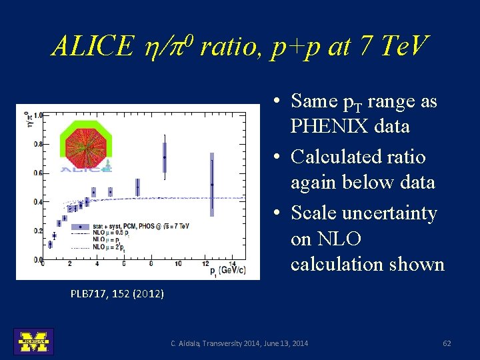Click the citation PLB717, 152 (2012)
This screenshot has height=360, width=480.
(117, 293)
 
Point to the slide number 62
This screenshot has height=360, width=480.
(447, 343)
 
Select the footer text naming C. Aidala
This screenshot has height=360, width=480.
(239, 343)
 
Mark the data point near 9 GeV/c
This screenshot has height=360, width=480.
(165, 157)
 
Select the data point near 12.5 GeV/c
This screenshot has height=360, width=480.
(212, 185)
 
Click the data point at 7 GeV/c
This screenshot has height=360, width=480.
(137, 188)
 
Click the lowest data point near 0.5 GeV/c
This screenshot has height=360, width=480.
(49, 245)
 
